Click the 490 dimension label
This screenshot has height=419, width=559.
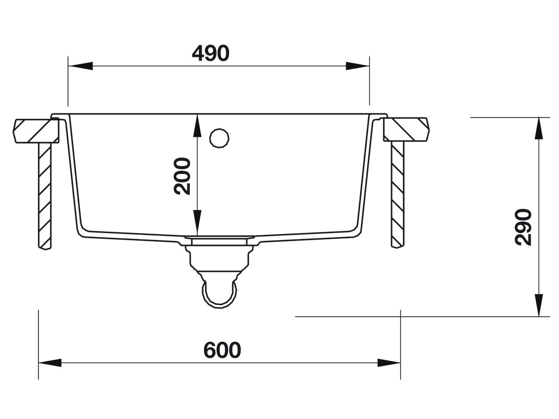(211, 54)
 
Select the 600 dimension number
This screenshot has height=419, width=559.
(223, 351)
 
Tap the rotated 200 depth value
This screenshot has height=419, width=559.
(182, 176)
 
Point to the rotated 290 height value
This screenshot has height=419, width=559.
(523, 227)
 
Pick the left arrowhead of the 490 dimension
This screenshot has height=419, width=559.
(81, 66)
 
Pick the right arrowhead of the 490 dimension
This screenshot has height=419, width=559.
(357, 66)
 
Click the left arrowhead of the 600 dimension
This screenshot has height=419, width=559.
(50, 363)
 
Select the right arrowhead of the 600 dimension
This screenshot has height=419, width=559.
(389, 363)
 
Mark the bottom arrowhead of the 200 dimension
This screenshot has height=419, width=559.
(197, 222)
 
